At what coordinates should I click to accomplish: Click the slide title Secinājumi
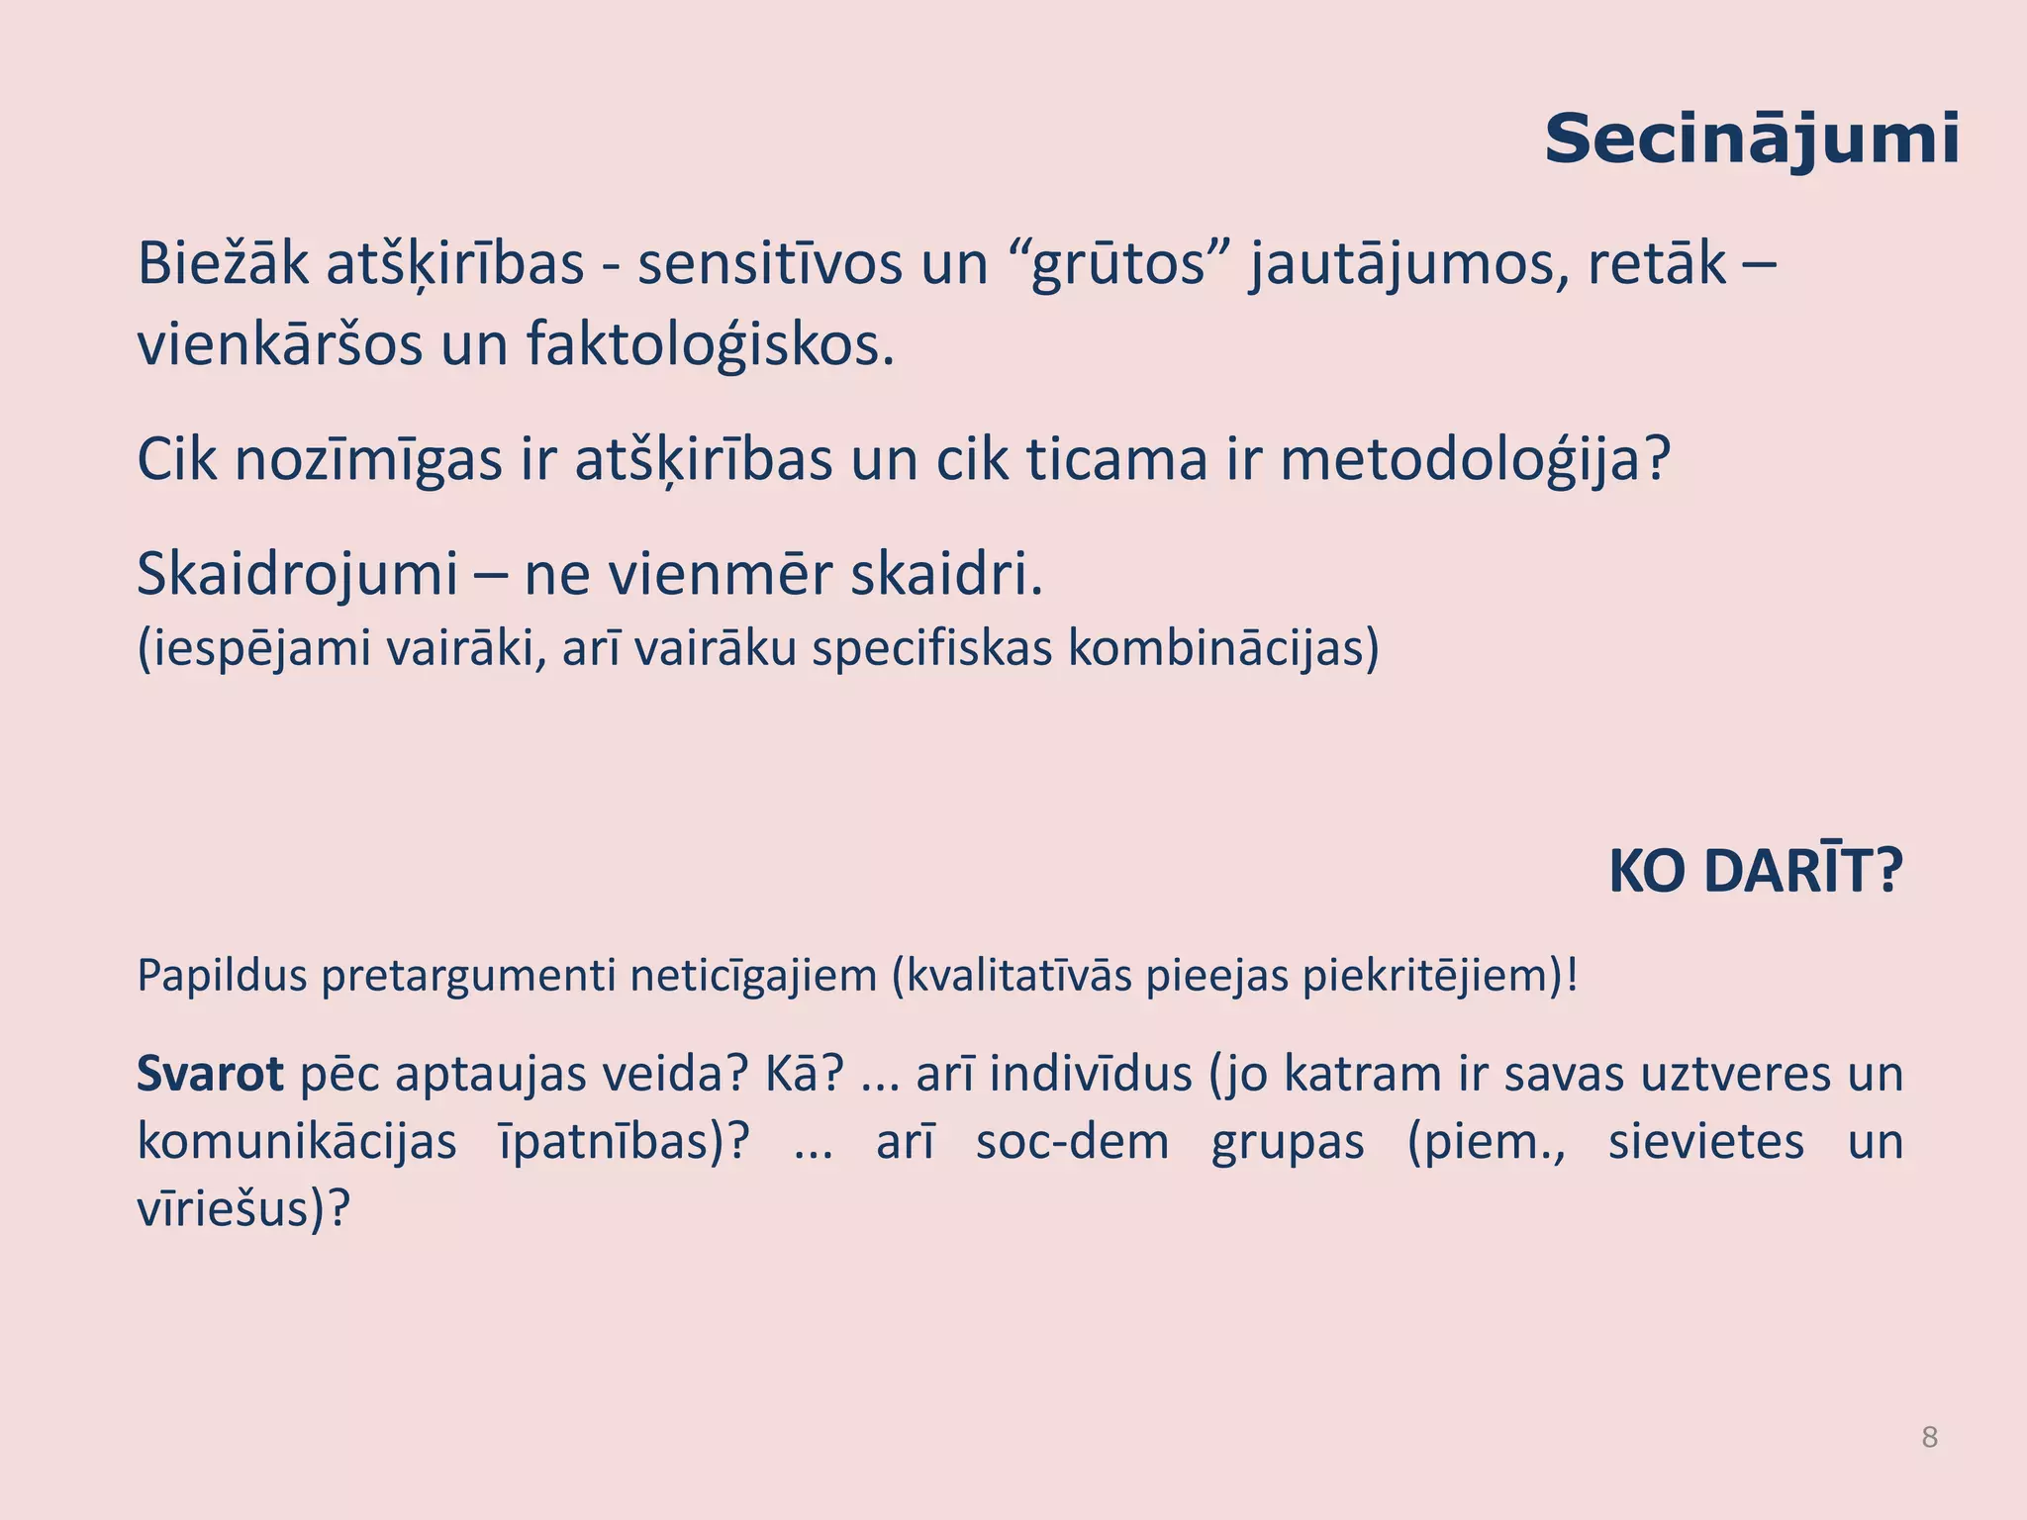[1751, 141]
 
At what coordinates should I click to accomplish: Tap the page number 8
[1929, 1437]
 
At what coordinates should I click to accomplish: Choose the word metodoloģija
[1475, 460]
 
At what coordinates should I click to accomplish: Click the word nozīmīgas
[368, 460]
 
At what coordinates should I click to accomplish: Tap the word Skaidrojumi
[296, 574]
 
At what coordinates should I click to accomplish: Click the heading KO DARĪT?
[1755, 872]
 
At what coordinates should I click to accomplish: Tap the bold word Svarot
[210, 1075]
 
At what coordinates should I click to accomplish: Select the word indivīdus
[1090, 1075]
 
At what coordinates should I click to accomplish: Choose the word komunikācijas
[296, 1142]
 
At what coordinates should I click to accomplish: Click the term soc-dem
[1072, 1142]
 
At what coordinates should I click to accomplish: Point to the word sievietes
[1705, 1142]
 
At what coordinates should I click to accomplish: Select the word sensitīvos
[769, 264]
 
